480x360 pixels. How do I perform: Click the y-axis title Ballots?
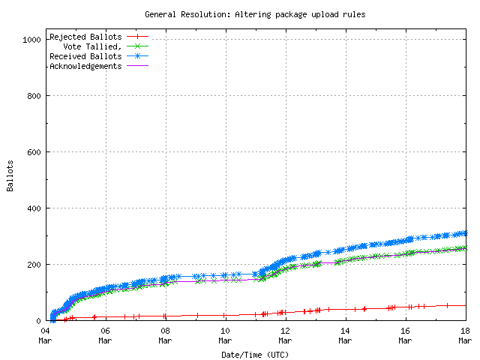(x=10, y=175)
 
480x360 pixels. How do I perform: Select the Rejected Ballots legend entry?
(x=85, y=37)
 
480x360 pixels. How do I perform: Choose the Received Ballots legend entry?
(x=85, y=56)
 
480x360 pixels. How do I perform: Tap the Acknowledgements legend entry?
(x=85, y=66)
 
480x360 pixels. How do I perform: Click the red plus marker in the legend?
(x=138, y=37)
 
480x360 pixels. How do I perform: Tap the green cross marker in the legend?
(x=138, y=46)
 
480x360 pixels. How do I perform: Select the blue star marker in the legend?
(x=138, y=56)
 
